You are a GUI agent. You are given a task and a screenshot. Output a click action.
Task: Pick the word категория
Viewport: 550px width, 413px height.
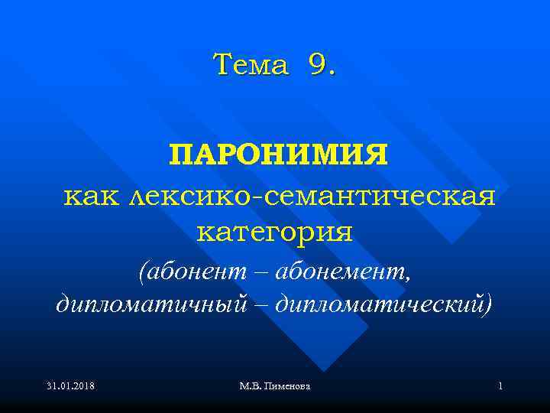tap(275, 231)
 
